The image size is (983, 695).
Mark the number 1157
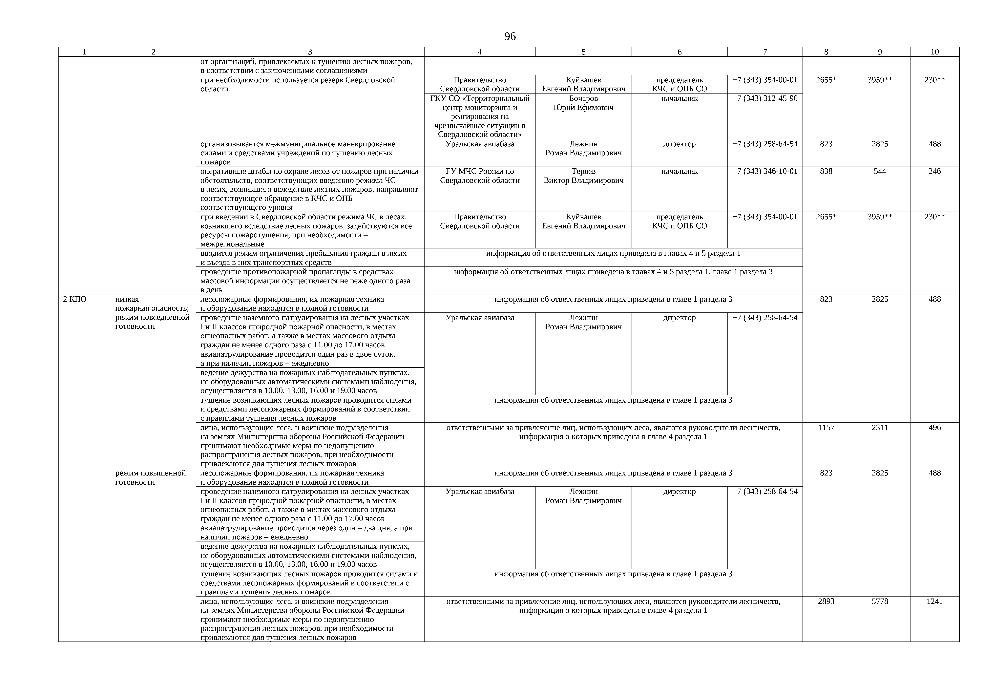(x=826, y=427)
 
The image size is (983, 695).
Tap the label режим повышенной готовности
(x=151, y=477)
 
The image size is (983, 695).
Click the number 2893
(x=826, y=601)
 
